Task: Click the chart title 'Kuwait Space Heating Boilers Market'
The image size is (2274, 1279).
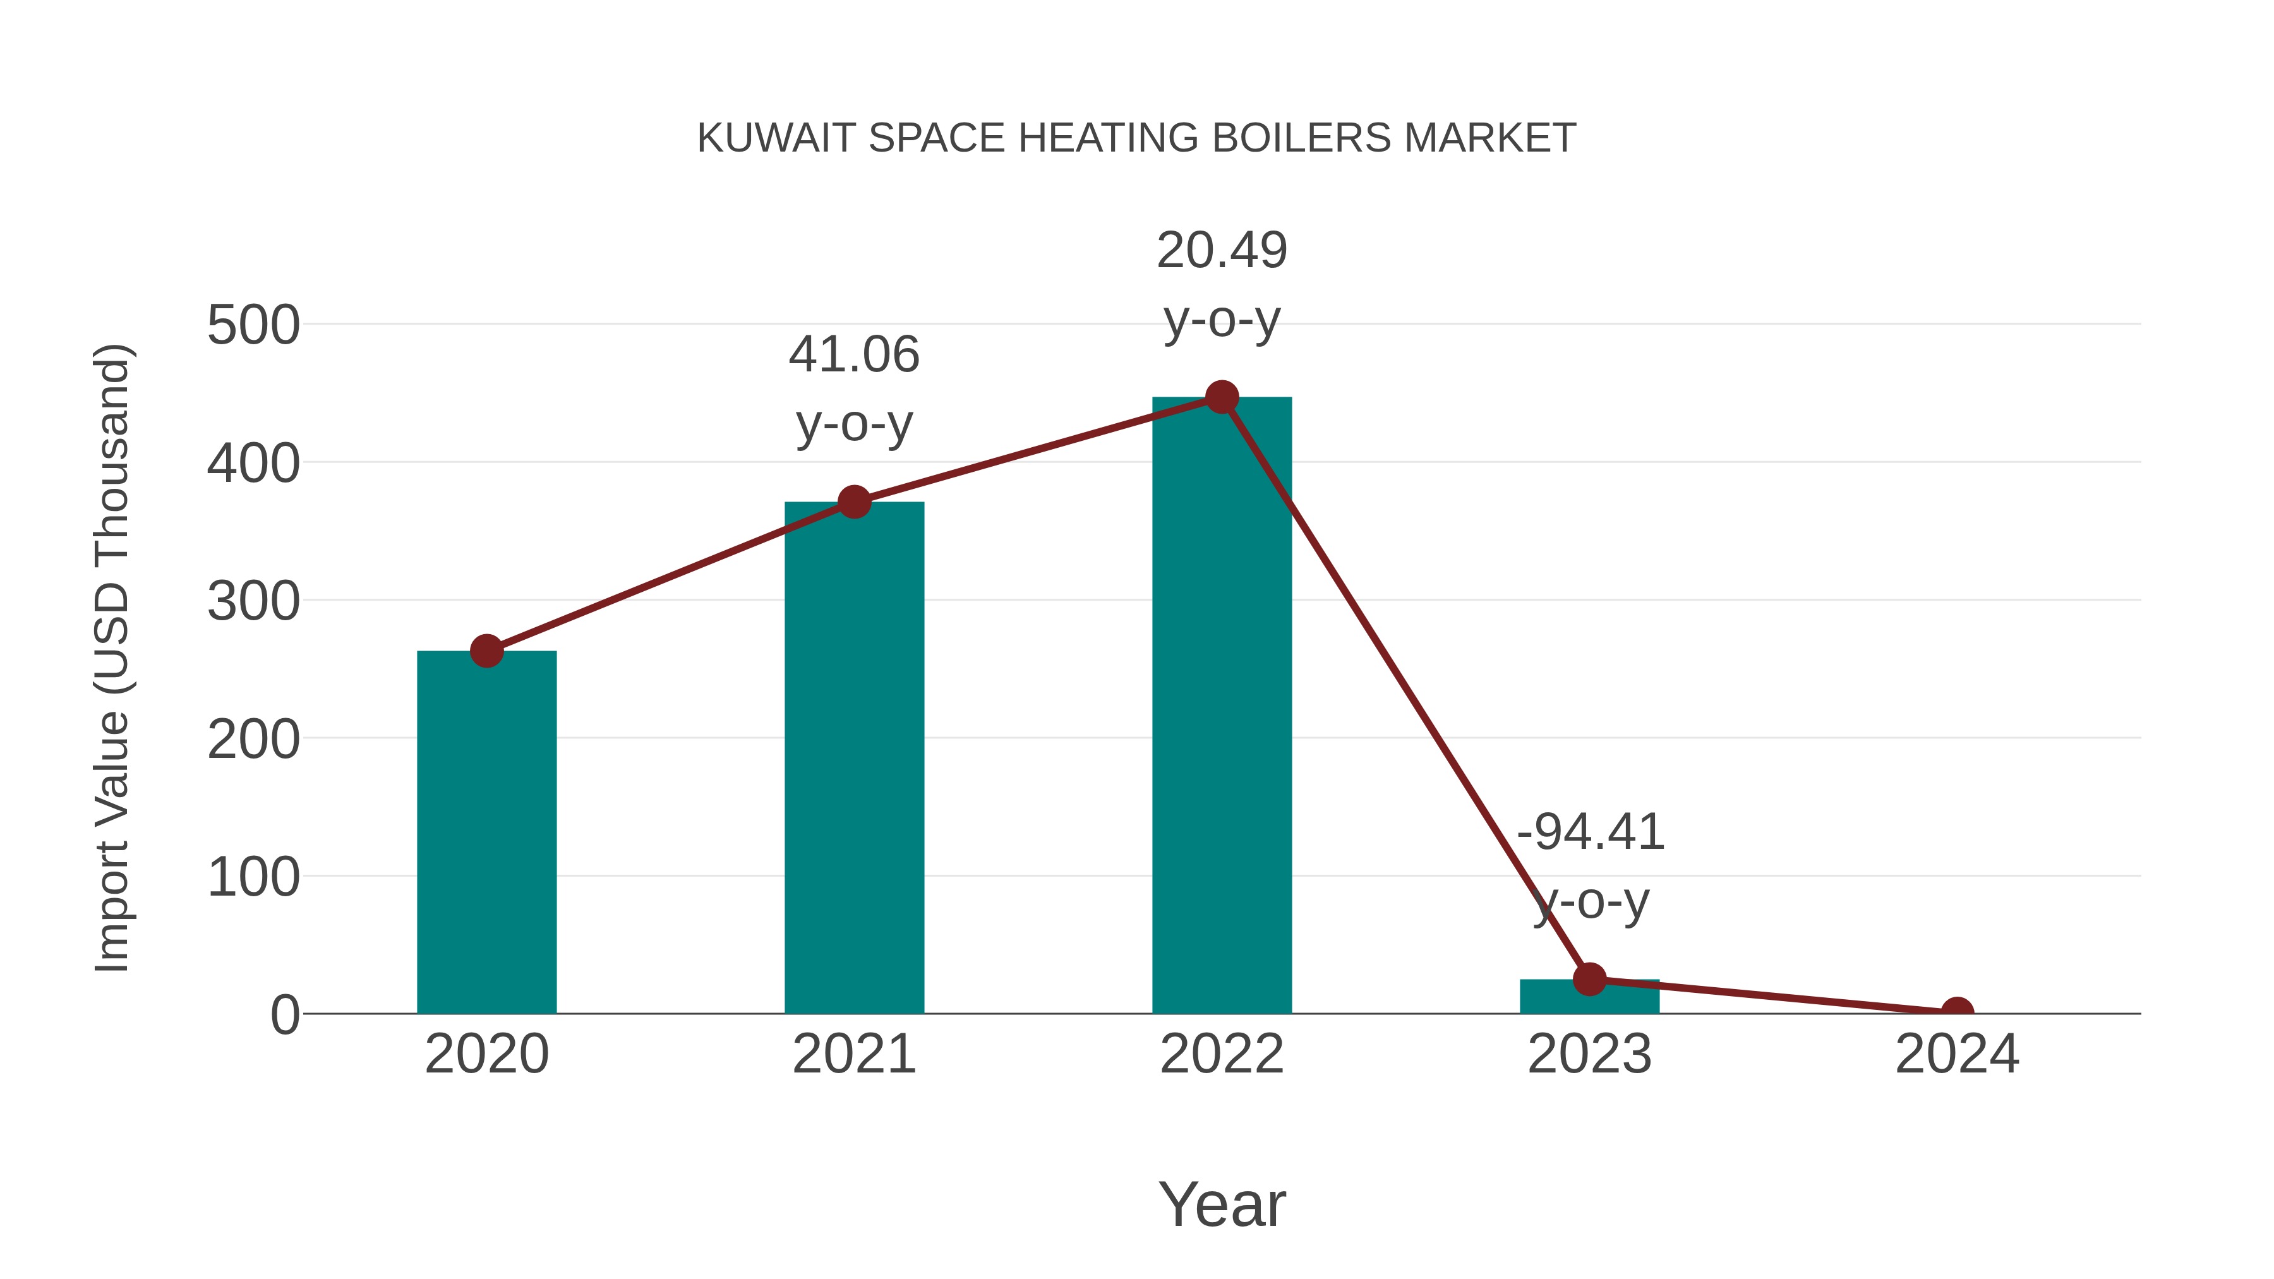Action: coord(1136,138)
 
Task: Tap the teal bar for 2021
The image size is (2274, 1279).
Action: coord(853,768)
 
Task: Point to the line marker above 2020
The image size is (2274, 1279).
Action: coord(486,651)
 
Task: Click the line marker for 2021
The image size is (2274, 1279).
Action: coord(853,502)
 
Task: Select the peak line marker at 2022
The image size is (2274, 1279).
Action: coord(1222,397)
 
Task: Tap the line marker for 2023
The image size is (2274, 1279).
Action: coord(1589,979)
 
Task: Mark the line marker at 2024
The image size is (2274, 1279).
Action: coord(1957,1012)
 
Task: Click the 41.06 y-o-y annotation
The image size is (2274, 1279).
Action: coord(853,388)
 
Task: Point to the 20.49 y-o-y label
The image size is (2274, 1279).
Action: coord(1222,284)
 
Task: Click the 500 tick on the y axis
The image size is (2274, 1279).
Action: coord(253,326)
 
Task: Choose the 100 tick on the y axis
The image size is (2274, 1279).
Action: coord(253,879)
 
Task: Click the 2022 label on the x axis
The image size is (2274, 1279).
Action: coord(1222,1054)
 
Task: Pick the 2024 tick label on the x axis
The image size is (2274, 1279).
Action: coord(1957,1054)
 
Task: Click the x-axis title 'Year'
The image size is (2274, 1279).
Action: coord(1222,1204)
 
